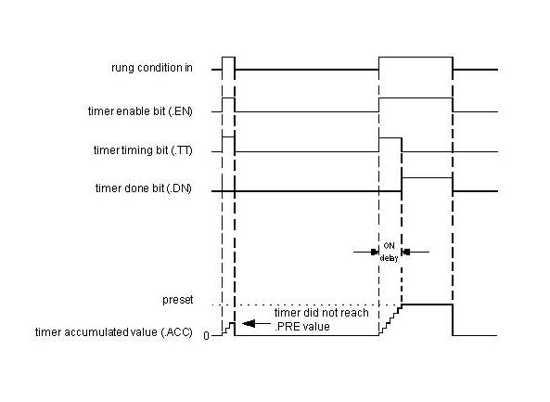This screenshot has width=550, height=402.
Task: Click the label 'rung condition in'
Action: click(x=152, y=68)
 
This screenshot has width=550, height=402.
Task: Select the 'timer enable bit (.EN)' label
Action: click(x=140, y=111)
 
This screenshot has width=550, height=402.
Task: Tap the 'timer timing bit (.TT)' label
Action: click(x=143, y=149)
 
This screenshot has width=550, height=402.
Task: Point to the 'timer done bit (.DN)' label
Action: click(x=144, y=188)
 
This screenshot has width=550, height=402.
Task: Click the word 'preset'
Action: click(x=177, y=300)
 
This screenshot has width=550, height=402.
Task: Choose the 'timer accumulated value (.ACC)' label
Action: click(x=114, y=331)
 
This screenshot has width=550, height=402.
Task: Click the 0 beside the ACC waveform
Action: click(x=206, y=336)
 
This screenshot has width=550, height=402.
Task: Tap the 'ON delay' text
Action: click(x=389, y=252)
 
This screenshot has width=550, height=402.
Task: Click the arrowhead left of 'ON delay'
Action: click(x=375, y=252)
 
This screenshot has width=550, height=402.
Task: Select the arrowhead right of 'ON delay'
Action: click(x=406, y=252)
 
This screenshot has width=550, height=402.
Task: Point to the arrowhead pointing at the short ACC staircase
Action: click(x=249, y=323)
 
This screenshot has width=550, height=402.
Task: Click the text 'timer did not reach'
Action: click(x=321, y=313)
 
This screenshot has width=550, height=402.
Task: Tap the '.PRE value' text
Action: click(x=302, y=327)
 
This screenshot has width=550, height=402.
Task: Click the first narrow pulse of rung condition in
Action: click(x=228, y=57)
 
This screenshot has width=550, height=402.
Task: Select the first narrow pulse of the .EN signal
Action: click(x=228, y=98)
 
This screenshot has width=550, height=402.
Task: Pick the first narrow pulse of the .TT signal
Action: click(x=228, y=136)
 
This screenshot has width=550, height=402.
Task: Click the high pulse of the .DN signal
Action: click(x=427, y=178)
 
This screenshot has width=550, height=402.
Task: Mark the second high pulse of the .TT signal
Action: click(x=390, y=138)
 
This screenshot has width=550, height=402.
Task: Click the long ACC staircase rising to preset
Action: click(x=390, y=320)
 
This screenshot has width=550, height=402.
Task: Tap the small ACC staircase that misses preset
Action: click(x=228, y=329)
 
